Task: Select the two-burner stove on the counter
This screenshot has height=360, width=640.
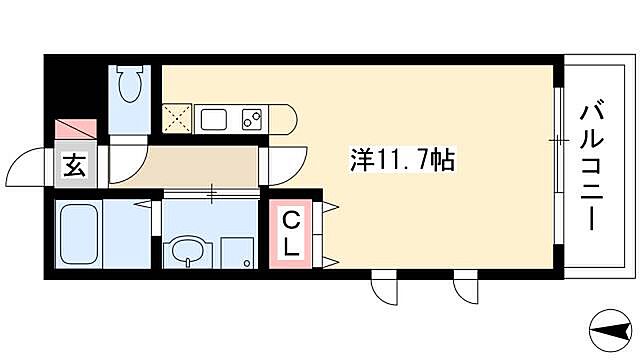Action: pyautogui.click(x=252, y=119)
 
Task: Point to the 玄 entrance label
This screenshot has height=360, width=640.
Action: pyautogui.click(x=74, y=166)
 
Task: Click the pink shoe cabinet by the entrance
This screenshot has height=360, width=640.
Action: pyautogui.click(x=76, y=131)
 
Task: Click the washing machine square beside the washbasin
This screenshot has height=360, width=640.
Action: pyautogui.click(x=236, y=251)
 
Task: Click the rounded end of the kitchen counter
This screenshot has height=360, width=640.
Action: pyautogui.click(x=287, y=119)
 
